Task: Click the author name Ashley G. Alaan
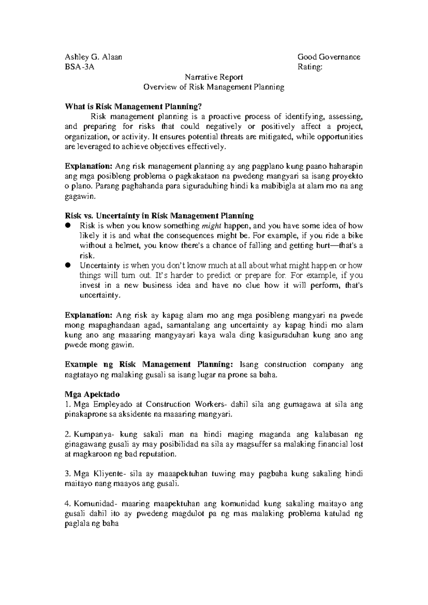point(93,57)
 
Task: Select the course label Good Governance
point(328,57)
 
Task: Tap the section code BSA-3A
point(80,67)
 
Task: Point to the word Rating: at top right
point(310,67)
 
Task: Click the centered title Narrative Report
point(214,77)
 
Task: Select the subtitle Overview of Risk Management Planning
point(214,87)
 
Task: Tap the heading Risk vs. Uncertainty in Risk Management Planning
point(159,216)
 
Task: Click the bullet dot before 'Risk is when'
point(68,225)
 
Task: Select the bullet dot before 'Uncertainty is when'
point(68,265)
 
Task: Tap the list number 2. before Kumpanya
point(67,434)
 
